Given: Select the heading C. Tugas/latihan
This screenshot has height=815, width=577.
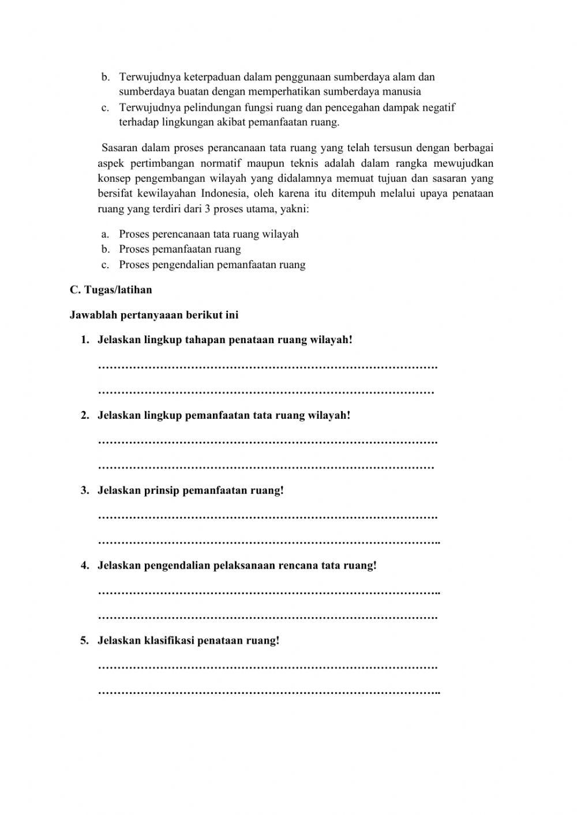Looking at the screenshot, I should pyautogui.click(x=111, y=290).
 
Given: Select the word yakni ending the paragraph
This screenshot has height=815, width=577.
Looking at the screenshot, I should pyautogui.click(x=294, y=209).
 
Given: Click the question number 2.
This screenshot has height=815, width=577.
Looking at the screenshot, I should pyautogui.click(x=84, y=415).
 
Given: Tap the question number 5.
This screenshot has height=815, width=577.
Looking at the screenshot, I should pyautogui.click(x=84, y=640).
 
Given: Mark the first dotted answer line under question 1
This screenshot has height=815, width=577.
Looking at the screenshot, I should pyautogui.click(x=268, y=366).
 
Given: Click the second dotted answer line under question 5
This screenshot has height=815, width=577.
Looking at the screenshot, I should pyautogui.click(x=269, y=692).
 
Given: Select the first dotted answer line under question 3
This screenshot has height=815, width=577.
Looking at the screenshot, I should pyautogui.click(x=268, y=516).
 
